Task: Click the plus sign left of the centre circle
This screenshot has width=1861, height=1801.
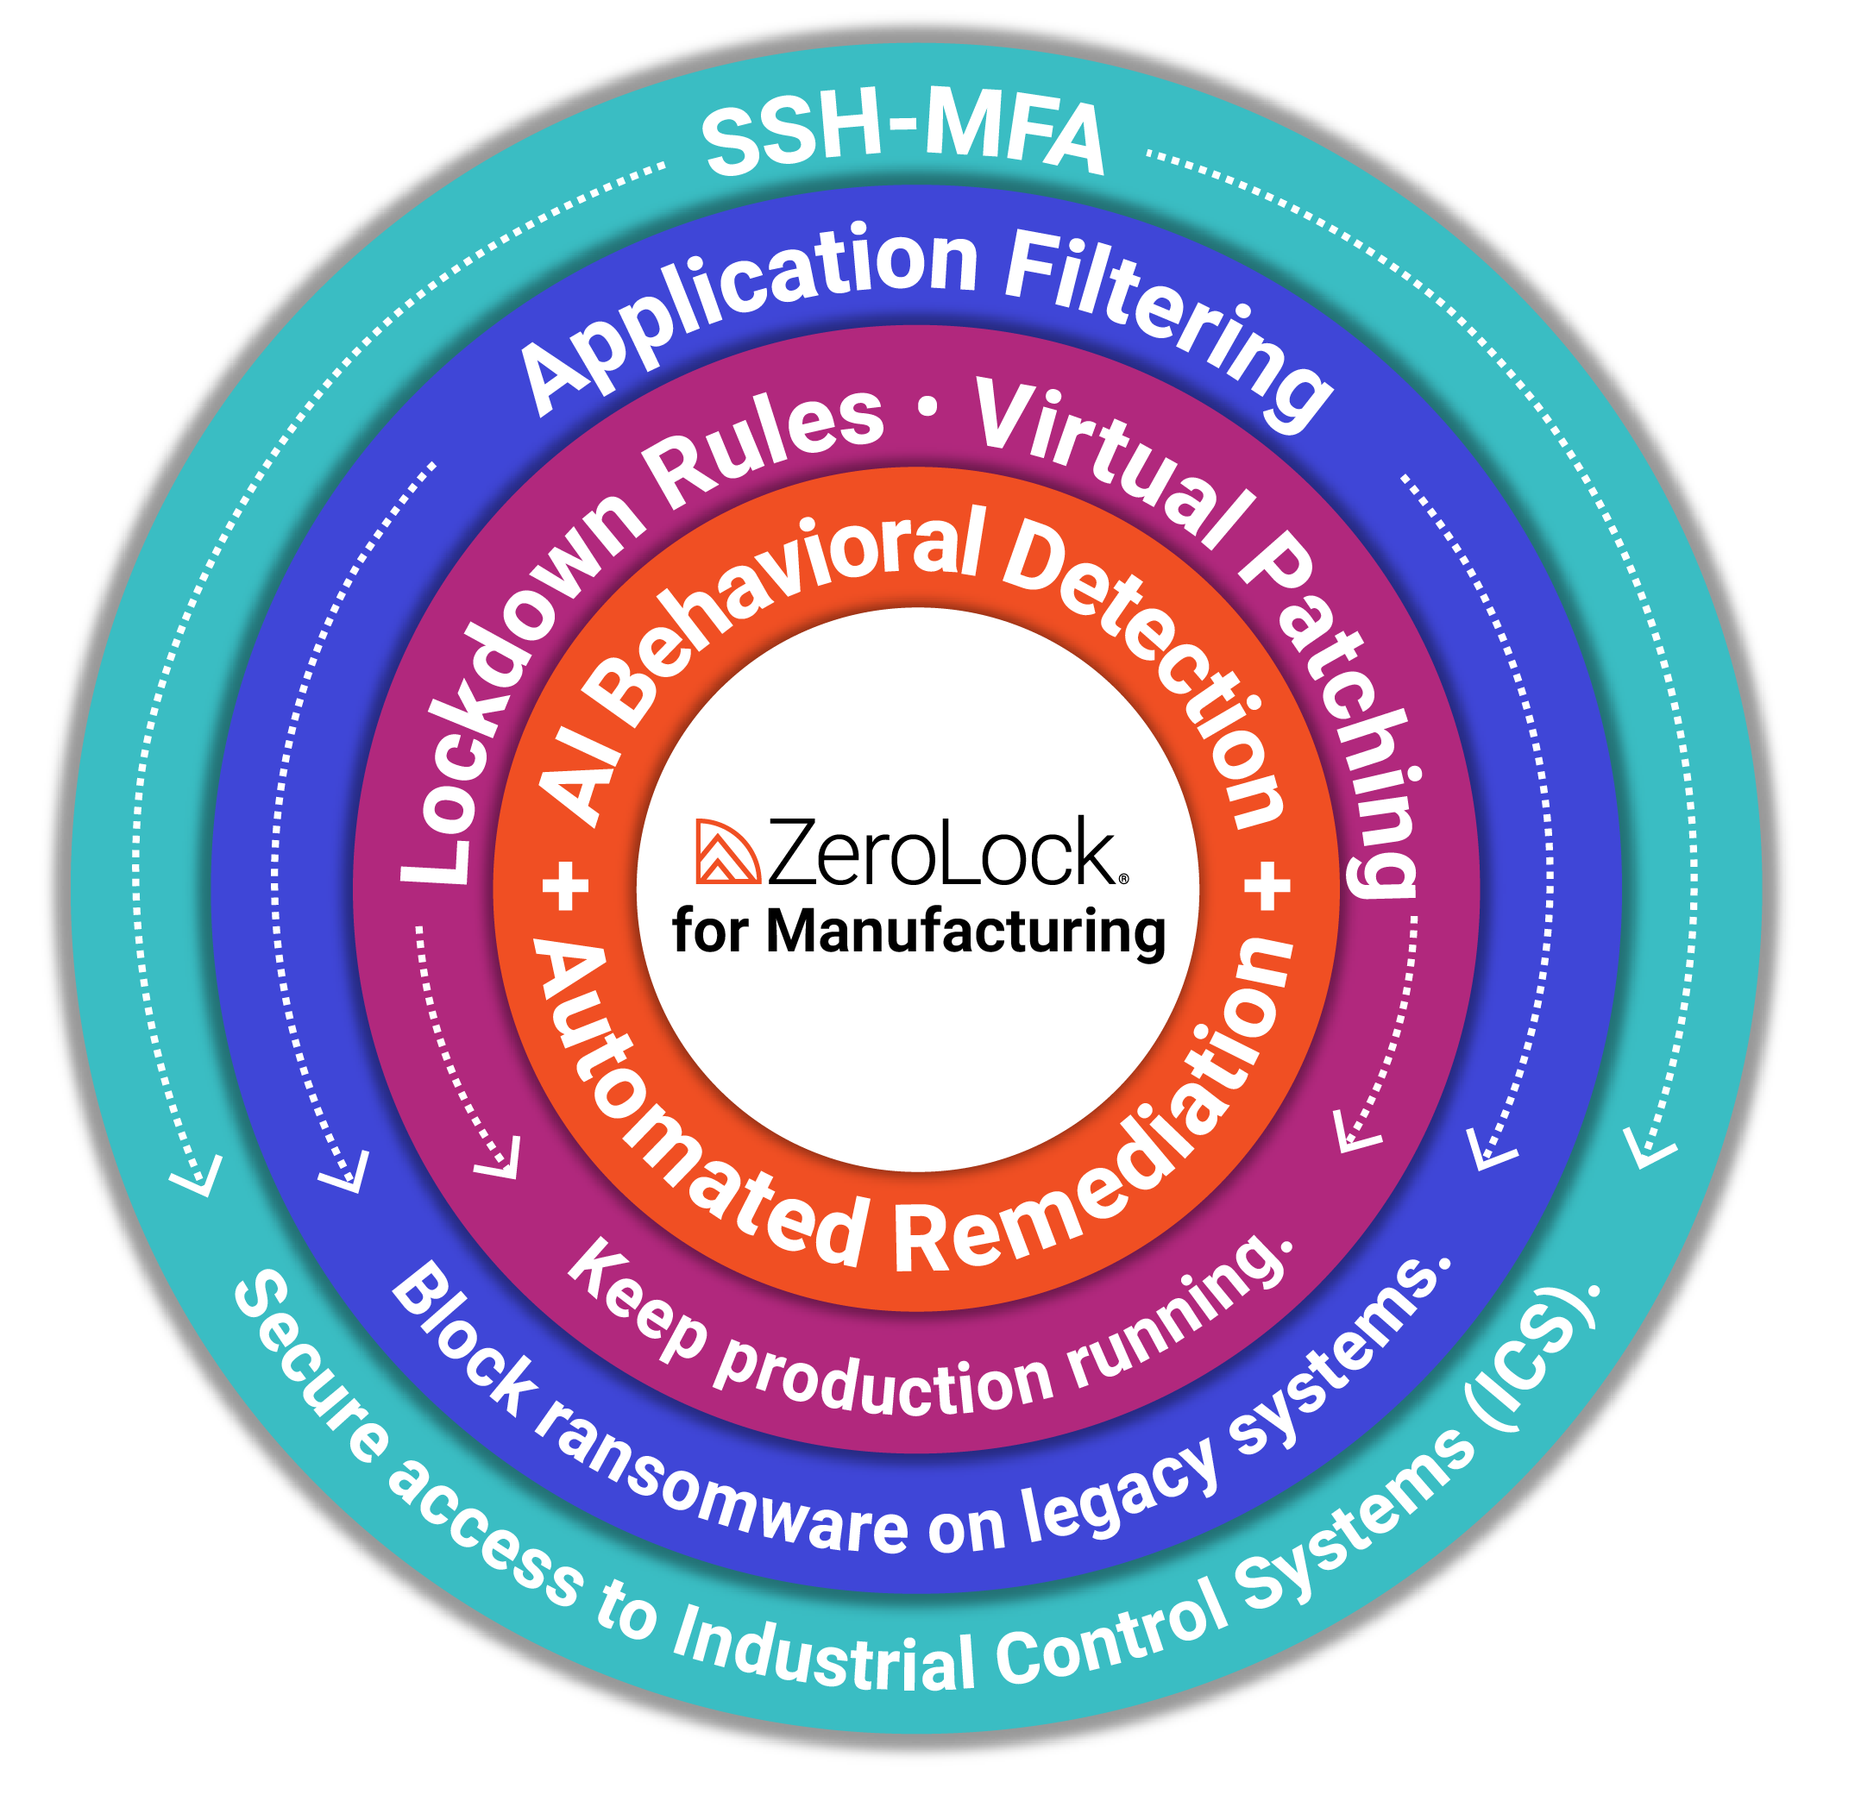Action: click(x=566, y=888)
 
